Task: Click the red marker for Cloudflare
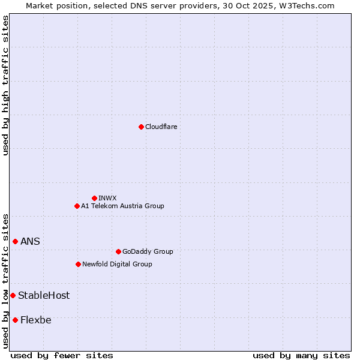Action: (141, 127)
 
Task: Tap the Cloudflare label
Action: (161, 127)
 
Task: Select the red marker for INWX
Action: (94, 198)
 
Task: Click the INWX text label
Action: (107, 198)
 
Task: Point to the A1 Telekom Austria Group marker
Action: (77, 206)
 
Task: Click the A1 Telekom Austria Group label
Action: (122, 206)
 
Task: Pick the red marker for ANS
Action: (15, 241)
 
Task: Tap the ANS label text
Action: (30, 241)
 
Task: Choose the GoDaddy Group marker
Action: (118, 251)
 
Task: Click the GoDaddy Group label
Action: (148, 251)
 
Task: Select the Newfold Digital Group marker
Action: (78, 264)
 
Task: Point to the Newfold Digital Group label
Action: (117, 264)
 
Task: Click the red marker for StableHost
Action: (13, 295)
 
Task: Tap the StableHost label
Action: (44, 295)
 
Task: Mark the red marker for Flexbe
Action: (15, 320)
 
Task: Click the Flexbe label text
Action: (36, 320)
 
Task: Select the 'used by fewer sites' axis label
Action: (62, 355)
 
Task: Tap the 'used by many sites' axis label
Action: (301, 355)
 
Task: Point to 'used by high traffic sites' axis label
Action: (5, 85)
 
